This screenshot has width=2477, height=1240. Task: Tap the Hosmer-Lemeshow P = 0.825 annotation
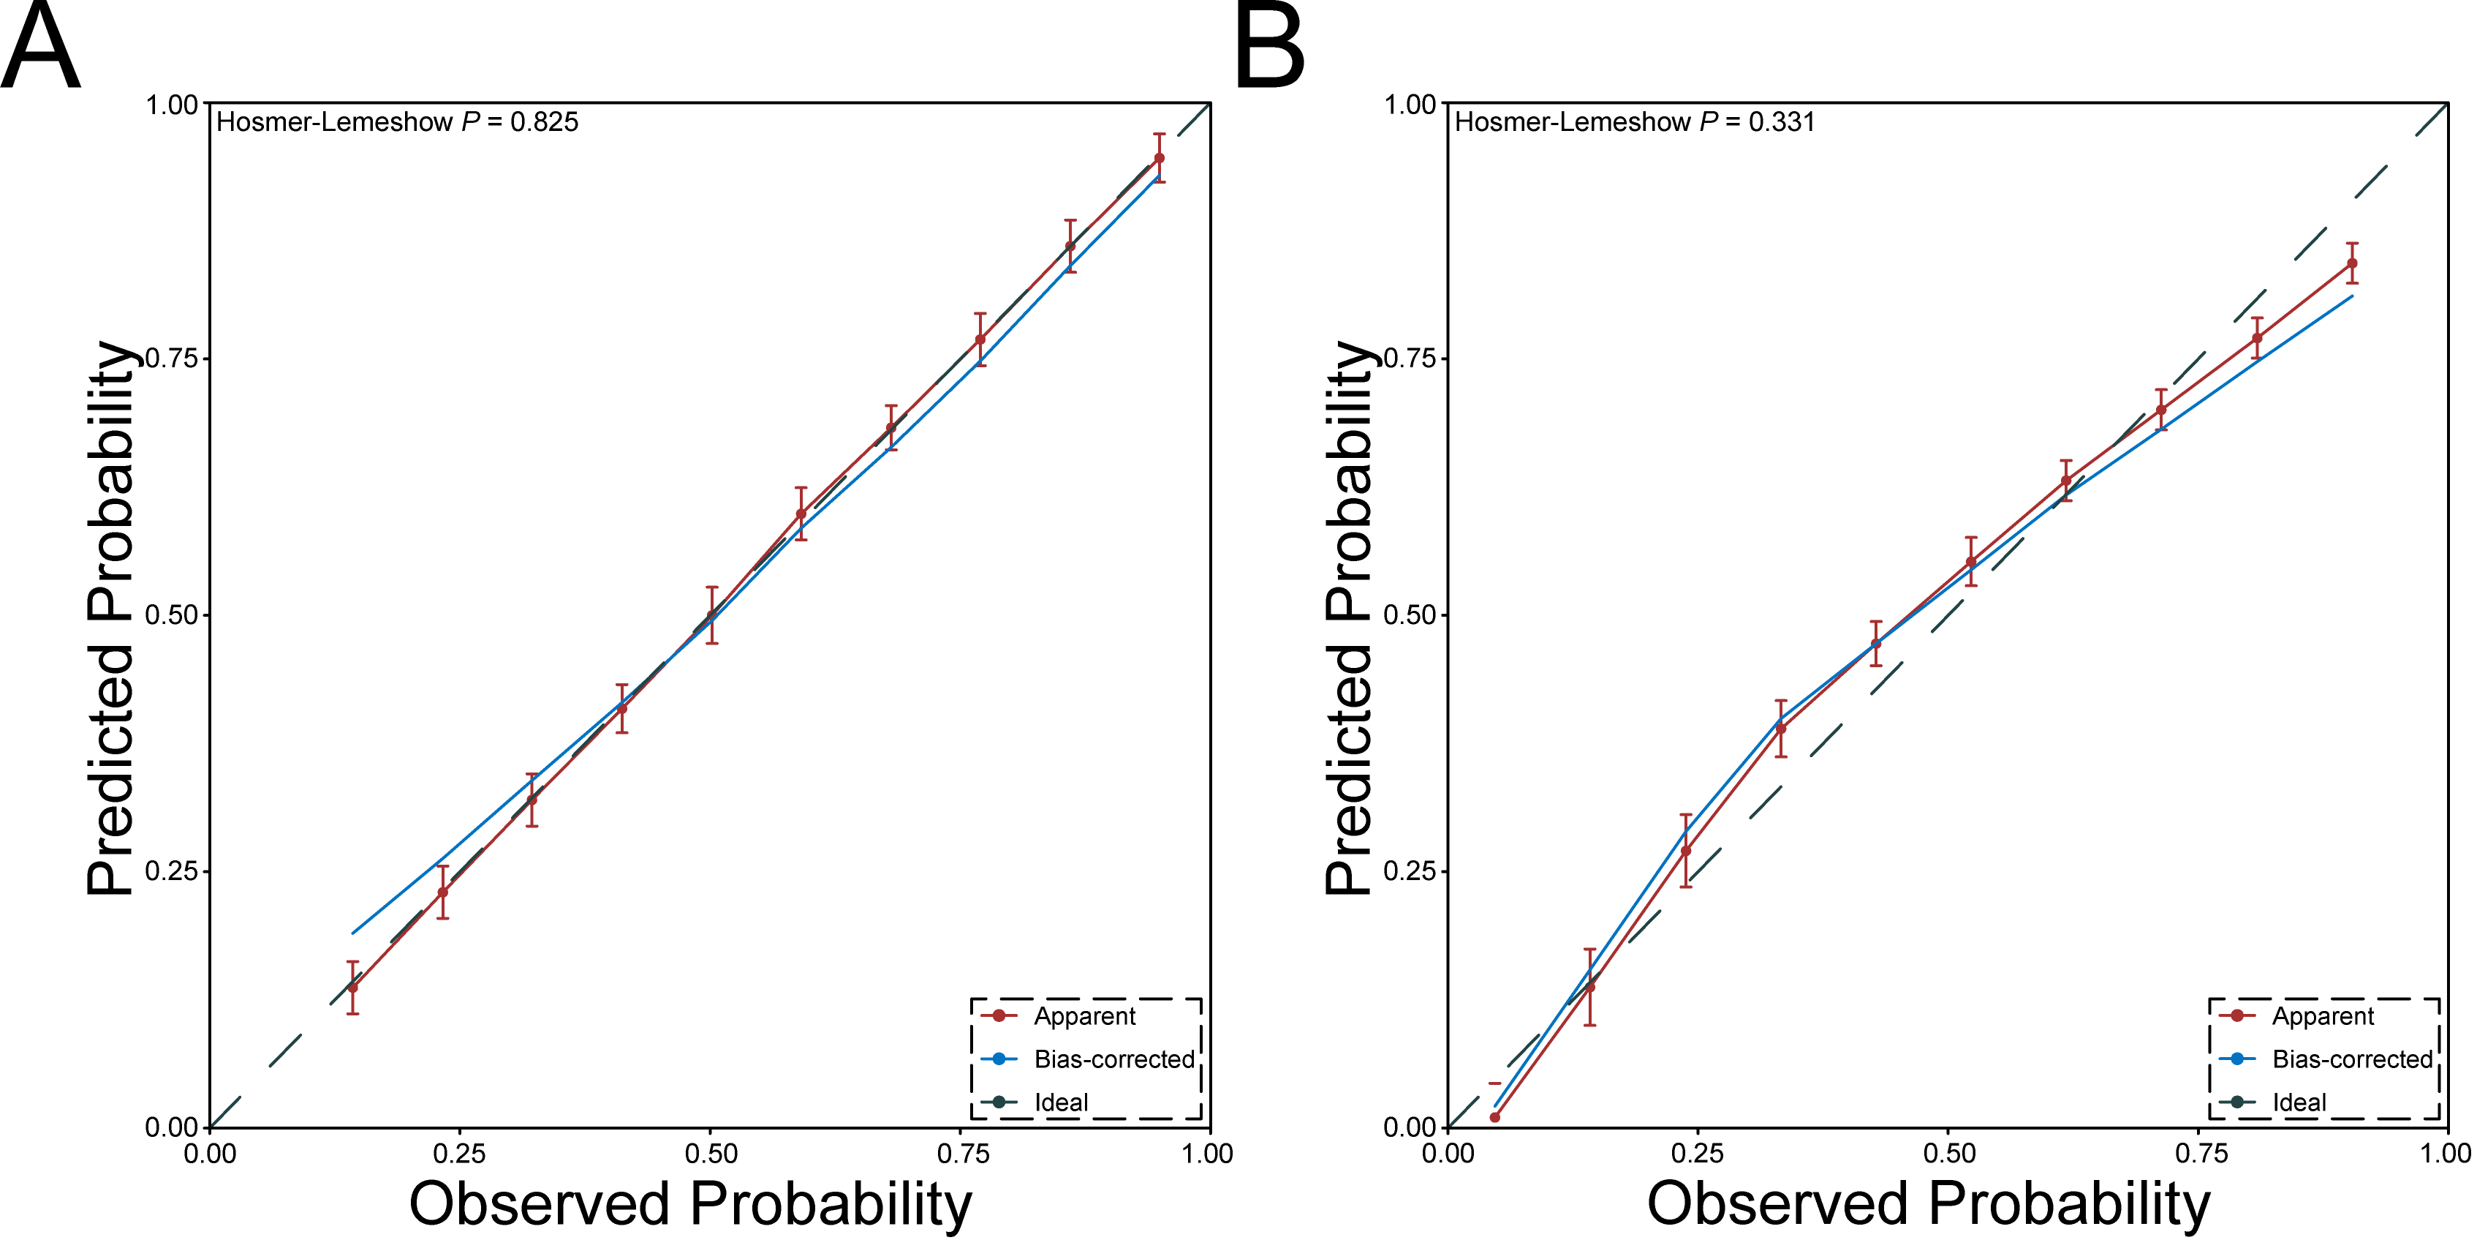click(397, 122)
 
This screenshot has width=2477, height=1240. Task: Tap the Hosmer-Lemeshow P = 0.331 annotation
click(1635, 122)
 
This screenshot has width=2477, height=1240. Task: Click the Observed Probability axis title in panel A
click(690, 1203)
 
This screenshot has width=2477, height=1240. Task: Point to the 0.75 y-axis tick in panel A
click(171, 358)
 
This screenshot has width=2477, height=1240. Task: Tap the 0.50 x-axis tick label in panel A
click(711, 1154)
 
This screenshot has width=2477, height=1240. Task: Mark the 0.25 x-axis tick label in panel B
click(1697, 1154)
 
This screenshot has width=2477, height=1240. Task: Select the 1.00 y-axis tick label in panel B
click(1409, 104)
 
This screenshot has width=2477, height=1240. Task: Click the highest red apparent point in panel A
click(1160, 158)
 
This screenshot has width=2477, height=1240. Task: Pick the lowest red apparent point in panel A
click(353, 988)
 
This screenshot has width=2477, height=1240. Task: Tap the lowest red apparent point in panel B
click(1495, 1118)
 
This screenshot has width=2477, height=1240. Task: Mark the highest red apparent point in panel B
click(2352, 263)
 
